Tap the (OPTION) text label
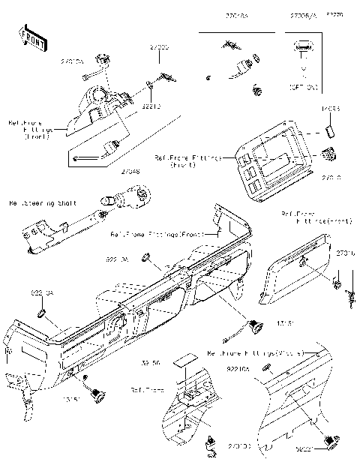point(303,88)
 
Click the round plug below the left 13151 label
point(95,391)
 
